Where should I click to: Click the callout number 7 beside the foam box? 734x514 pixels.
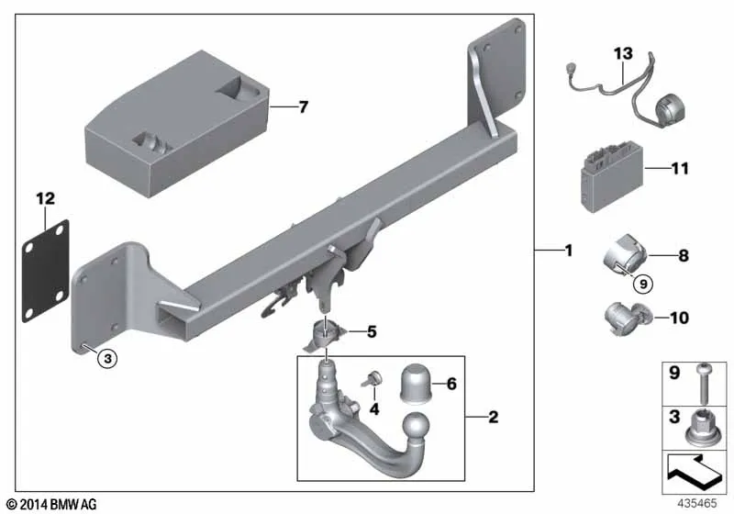[x=304, y=107]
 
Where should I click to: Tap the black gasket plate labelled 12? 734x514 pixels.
[x=46, y=271]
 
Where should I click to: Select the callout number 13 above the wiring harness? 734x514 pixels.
[x=623, y=53]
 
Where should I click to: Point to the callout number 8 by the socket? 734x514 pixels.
[x=684, y=255]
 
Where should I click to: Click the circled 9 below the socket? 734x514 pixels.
[x=643, y=285]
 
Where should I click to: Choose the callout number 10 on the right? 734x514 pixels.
[x=680, y=318]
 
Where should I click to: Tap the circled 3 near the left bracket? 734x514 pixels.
[x=107, y=359]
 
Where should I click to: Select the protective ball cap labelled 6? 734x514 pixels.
[x=415, y=383]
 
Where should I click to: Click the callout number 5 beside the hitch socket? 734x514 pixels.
[x=372, y=332]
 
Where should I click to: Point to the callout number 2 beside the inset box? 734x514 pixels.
[x=494, y=417]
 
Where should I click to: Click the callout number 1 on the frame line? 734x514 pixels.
[x=569, y=251]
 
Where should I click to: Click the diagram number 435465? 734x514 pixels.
[x=697, y=503]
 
